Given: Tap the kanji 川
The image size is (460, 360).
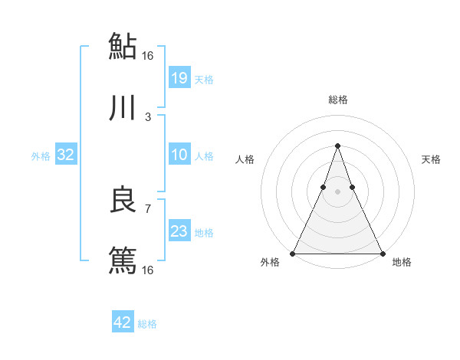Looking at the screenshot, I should point(123,109).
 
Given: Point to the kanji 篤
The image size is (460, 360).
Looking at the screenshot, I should point(123,260).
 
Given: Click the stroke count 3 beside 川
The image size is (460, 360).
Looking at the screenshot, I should point(147,117).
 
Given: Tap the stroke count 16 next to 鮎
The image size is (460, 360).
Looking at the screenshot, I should point(147,55).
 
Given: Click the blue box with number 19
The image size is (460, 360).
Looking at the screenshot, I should point(179,77).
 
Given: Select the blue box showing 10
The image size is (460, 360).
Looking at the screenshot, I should point(179,155).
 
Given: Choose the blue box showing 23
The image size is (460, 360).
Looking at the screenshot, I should point(179,231).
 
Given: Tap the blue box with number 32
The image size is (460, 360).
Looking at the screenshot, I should point(66,155).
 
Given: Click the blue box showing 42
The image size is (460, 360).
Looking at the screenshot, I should point(123,322).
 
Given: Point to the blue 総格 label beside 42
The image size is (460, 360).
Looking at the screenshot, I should point(147,324).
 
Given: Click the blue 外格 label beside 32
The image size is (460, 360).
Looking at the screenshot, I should point(41,156).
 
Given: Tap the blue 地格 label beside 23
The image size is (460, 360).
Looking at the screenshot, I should point(204,233).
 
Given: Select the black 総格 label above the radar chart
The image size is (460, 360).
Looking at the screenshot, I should point(337,100).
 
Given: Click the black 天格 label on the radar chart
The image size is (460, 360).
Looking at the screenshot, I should point(431,159).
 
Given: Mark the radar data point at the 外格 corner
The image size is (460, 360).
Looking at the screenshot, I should point(293,253).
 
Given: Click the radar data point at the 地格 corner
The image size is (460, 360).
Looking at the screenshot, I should point(382,253).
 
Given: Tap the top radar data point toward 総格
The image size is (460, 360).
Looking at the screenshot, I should point(337,146).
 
